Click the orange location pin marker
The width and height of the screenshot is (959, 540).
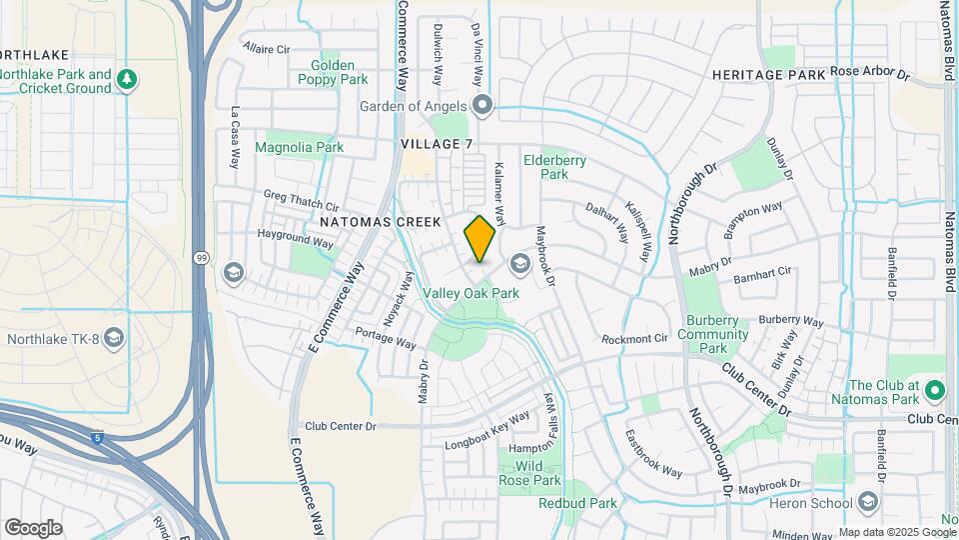[479, 238]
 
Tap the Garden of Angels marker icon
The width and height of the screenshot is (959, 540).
[483, 105]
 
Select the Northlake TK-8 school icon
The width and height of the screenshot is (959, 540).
[113, 338]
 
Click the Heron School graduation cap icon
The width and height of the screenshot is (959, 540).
[867, 501]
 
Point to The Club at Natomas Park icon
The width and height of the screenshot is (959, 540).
[934, 389]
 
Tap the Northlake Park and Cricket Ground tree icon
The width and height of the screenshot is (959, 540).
[126, 79]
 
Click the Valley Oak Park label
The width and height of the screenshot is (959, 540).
[472, 293]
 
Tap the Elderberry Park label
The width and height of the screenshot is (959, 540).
[555, 166]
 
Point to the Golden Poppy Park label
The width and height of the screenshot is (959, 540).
[332, 72]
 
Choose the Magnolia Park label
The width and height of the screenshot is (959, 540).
[299, 147]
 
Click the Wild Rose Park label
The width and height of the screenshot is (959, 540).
[530, 473]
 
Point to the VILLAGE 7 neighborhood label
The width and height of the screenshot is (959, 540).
[437, 144]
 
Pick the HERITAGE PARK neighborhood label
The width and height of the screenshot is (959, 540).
[768, 75]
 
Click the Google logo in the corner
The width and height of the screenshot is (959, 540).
[33, 527]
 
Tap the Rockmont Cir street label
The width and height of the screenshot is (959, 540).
[633, 338]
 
